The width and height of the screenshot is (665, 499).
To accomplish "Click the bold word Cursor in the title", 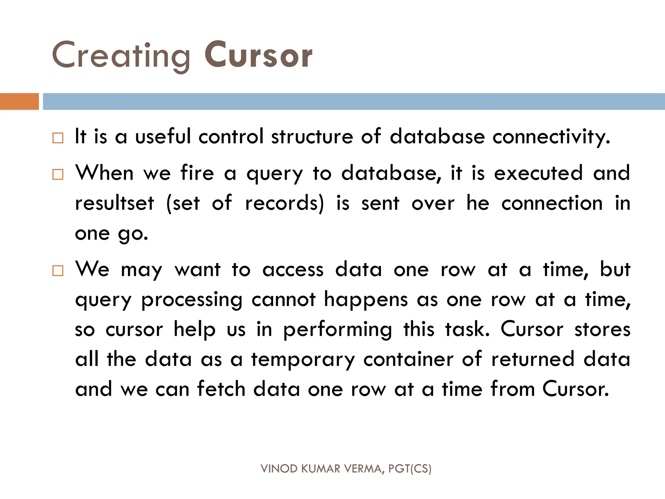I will pos(258,55).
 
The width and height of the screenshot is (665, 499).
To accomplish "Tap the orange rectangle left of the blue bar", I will pos(19,101).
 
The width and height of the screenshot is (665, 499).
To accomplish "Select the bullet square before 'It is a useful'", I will pos(58,138).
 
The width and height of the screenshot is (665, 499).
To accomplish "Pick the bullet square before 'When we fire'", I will pos(58,174).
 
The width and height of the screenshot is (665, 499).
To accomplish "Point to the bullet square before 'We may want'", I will pos(58,271).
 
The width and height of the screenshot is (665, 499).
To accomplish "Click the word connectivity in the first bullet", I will pos(551,136).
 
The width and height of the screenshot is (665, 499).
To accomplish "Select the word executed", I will pos(538,173).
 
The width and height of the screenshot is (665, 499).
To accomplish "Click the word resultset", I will pos(114,203).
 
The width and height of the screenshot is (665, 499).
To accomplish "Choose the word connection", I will pos(552,203).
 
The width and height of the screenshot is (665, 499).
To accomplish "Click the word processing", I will pos(192,300).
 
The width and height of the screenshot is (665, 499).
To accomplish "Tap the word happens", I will pos(366,300).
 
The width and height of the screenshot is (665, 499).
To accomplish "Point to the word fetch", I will pos(221,389).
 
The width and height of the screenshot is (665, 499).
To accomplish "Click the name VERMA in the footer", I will pos(364,469).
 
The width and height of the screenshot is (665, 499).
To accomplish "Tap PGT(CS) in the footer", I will pos(410,469).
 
